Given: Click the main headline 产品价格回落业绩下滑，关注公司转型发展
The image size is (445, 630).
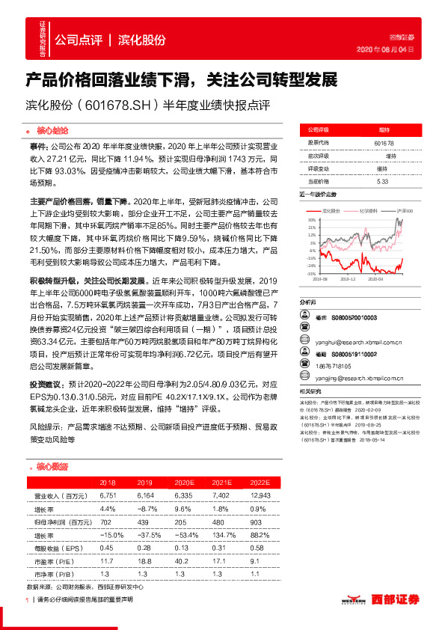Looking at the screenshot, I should [182, 79].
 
